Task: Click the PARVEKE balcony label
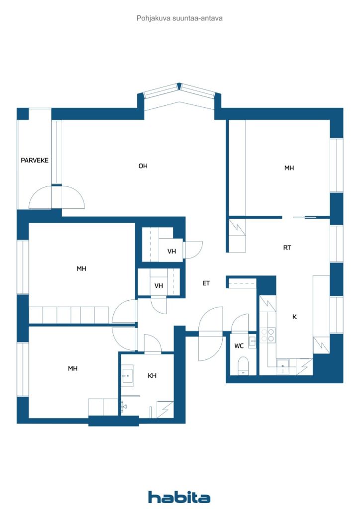point(34,161)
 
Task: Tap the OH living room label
point(143,166)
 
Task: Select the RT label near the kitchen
point(287,248)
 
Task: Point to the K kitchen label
point(294,316)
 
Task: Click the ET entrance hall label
point(206,283)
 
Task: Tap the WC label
point(238,345)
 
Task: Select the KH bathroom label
point(152,376)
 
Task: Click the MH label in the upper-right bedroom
point(289,168)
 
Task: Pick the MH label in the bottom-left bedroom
point(73,368)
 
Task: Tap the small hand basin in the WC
point(253,340)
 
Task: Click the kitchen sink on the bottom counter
point(283,367)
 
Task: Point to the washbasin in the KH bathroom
point(127,375)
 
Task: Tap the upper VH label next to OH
point(172,252)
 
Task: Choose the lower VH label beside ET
point(159,286)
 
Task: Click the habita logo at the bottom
point(179,497)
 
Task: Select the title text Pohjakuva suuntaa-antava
point(180,18)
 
